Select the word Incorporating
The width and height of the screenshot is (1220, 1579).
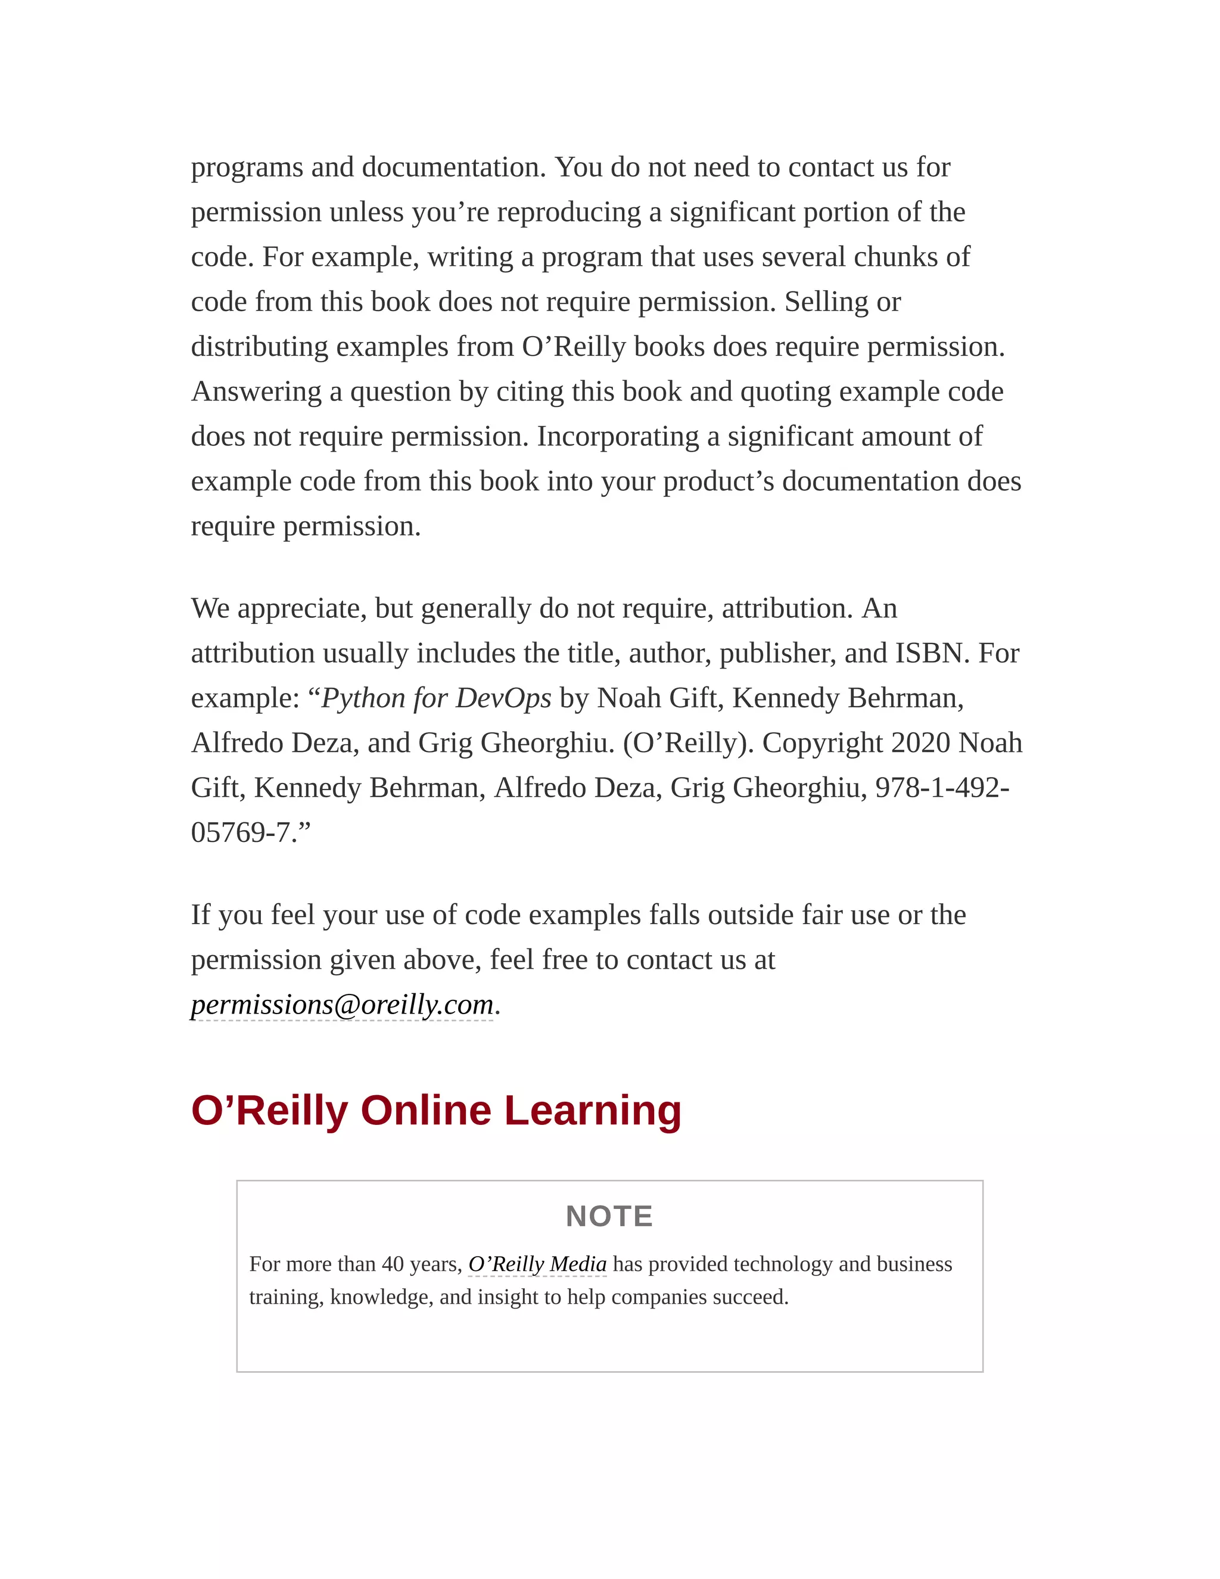point(617,437)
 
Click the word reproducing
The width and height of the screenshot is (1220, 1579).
point(569,213)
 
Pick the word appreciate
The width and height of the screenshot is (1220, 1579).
point(302,609)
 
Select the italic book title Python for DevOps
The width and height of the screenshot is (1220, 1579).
point(436,698)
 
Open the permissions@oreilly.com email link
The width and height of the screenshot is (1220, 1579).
point(342,1005)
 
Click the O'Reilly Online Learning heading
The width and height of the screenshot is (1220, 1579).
point(436,1111)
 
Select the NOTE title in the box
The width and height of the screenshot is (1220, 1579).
point(609,1217)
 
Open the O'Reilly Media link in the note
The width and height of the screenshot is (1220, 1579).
point(537,1264)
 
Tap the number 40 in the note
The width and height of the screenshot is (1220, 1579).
point(393,1264)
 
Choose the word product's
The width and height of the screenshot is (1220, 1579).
point(718,481)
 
